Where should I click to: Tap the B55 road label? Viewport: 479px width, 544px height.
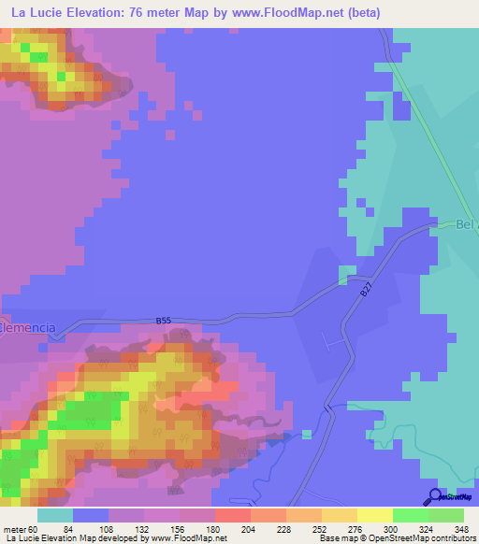tap(164, 321)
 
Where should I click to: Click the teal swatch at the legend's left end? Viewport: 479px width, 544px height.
tap(54, 516)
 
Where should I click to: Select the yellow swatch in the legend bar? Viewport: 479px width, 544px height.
tap(374, 516)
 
